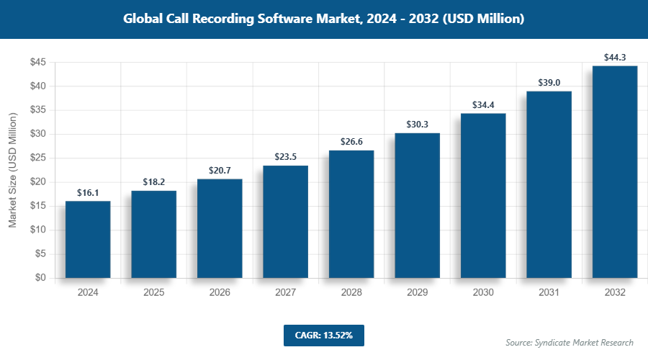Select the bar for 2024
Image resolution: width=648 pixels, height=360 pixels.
click(88, 239)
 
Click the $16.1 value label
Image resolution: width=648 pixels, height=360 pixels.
click(88, 193)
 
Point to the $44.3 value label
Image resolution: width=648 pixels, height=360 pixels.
click(615, 58)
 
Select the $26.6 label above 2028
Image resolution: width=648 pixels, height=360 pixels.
click(351, 142)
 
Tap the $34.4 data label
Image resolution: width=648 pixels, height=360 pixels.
click(483, 105)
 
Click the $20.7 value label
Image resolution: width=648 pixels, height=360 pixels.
click(220, 171)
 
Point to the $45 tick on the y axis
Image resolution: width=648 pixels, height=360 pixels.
click(38, 63)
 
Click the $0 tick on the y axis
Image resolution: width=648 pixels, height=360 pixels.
click(40, 278)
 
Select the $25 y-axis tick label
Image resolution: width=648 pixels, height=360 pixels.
click(38, 158)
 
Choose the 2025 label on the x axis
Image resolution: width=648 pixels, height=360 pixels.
click(153, 293)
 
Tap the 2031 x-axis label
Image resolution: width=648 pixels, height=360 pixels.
click(549, 293)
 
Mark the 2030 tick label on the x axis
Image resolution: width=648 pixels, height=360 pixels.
click(483, 293)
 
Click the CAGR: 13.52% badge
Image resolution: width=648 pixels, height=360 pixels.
click(324, 335)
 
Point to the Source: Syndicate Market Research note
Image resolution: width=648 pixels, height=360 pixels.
click(570, 342)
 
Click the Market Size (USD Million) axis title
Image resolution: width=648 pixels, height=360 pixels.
click(12, 170)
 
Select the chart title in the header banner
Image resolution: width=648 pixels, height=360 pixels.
click(324, 19)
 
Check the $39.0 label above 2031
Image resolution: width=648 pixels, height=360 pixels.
click(549, 83)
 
